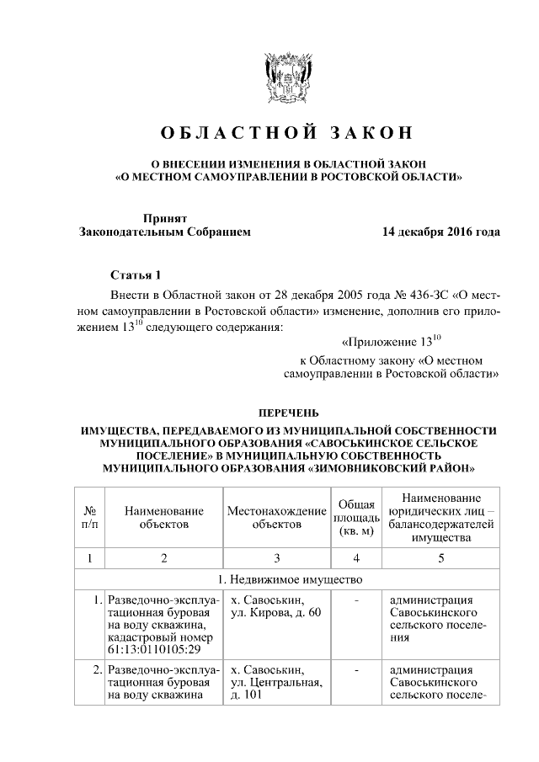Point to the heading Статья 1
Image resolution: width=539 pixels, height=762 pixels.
coord(135,275)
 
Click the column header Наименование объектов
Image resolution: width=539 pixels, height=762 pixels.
coord(163,517)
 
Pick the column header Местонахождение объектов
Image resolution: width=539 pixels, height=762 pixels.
coord(276,517)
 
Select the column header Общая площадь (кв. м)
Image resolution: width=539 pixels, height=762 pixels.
coord(356,517)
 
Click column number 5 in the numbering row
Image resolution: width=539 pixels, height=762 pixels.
coord(440,557)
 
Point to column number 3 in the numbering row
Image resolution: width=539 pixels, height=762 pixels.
coord(276,557)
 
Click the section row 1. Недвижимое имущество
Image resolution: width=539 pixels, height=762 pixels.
coord(287,580)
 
